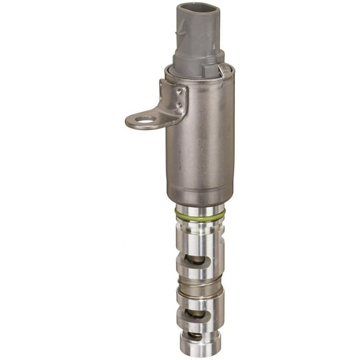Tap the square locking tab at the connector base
223,69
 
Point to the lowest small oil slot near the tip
197,336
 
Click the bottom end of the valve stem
198,351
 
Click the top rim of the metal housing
200,71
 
